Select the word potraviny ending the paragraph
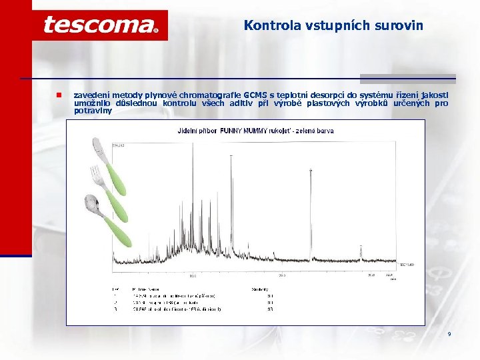tap(93, 111)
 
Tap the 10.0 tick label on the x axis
tap(193, 274)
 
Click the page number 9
tap(449, 333)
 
